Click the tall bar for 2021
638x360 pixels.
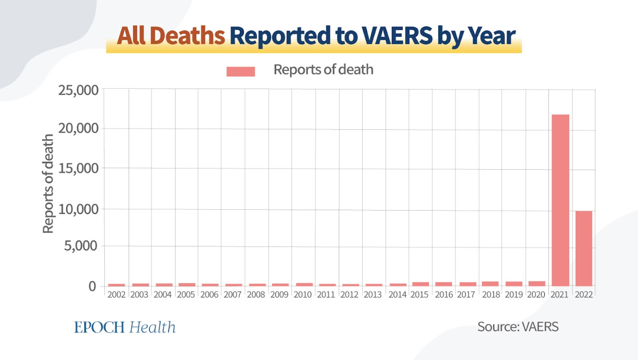point(560,200)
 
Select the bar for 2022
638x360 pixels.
point(584,248)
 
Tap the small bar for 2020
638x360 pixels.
point(537,283)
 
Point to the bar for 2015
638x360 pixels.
point(421,284)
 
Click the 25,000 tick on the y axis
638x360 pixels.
point(78,90)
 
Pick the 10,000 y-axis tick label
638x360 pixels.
point(78,209)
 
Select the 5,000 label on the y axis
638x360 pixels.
point(81,246)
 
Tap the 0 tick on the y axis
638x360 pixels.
point(92,286)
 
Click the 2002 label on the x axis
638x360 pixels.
point(117,295)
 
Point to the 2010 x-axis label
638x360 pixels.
point(303,295)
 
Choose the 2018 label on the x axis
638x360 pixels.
point(490,295)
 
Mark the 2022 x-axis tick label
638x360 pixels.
point(584,295)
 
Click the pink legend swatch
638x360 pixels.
point(241,71)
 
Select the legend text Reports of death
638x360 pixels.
point(323,70)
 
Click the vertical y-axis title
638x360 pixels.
point(48,184)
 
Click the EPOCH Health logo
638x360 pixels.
point(125,327)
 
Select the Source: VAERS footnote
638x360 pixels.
point(518,326)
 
